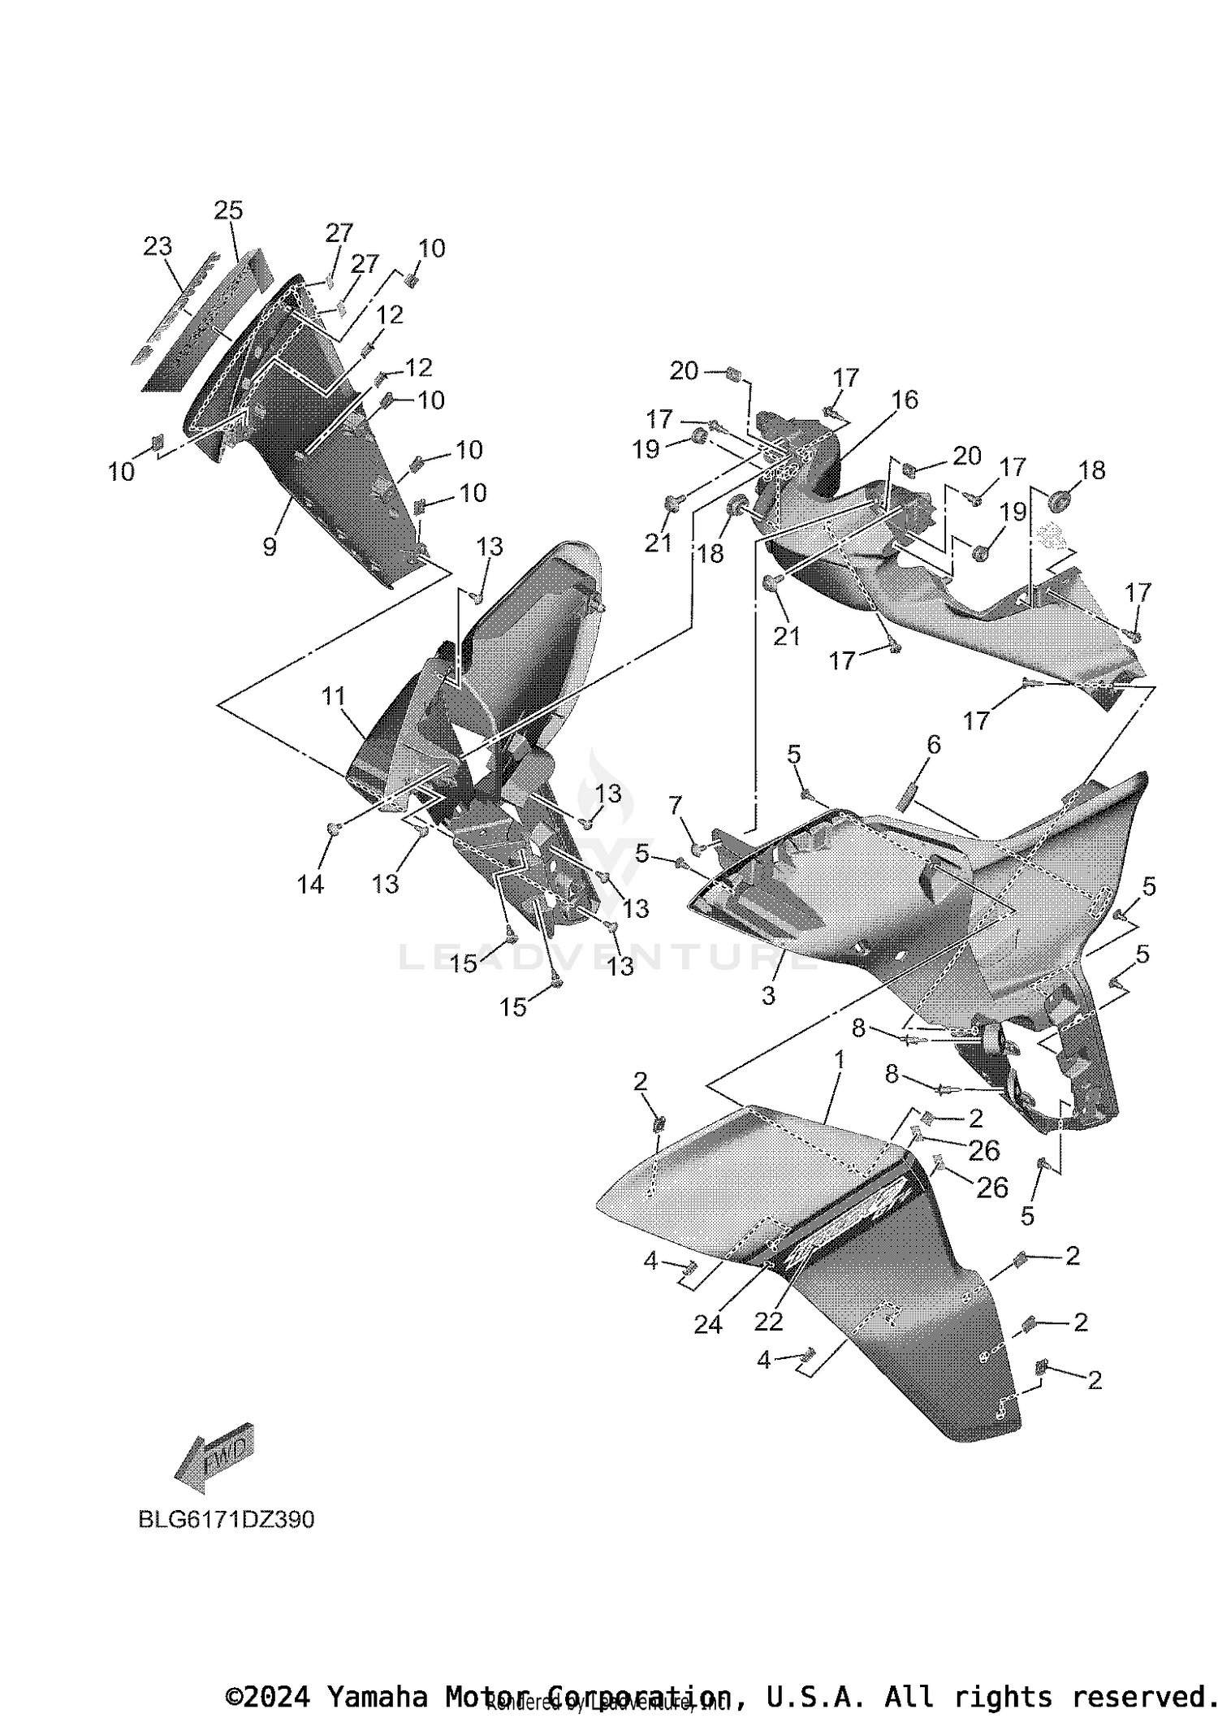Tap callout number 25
click(228, 210)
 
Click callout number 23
click(158, 245)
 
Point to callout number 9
click(270, 547)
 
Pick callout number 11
click(333, 696)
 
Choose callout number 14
click(310, 884)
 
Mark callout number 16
click(905, 400)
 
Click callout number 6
click(934, 744)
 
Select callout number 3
click(768, 994)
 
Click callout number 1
click(839, 1059)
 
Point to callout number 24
click(708, 1324)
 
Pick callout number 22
click(768, 1322)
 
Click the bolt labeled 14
click(334, 828)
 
